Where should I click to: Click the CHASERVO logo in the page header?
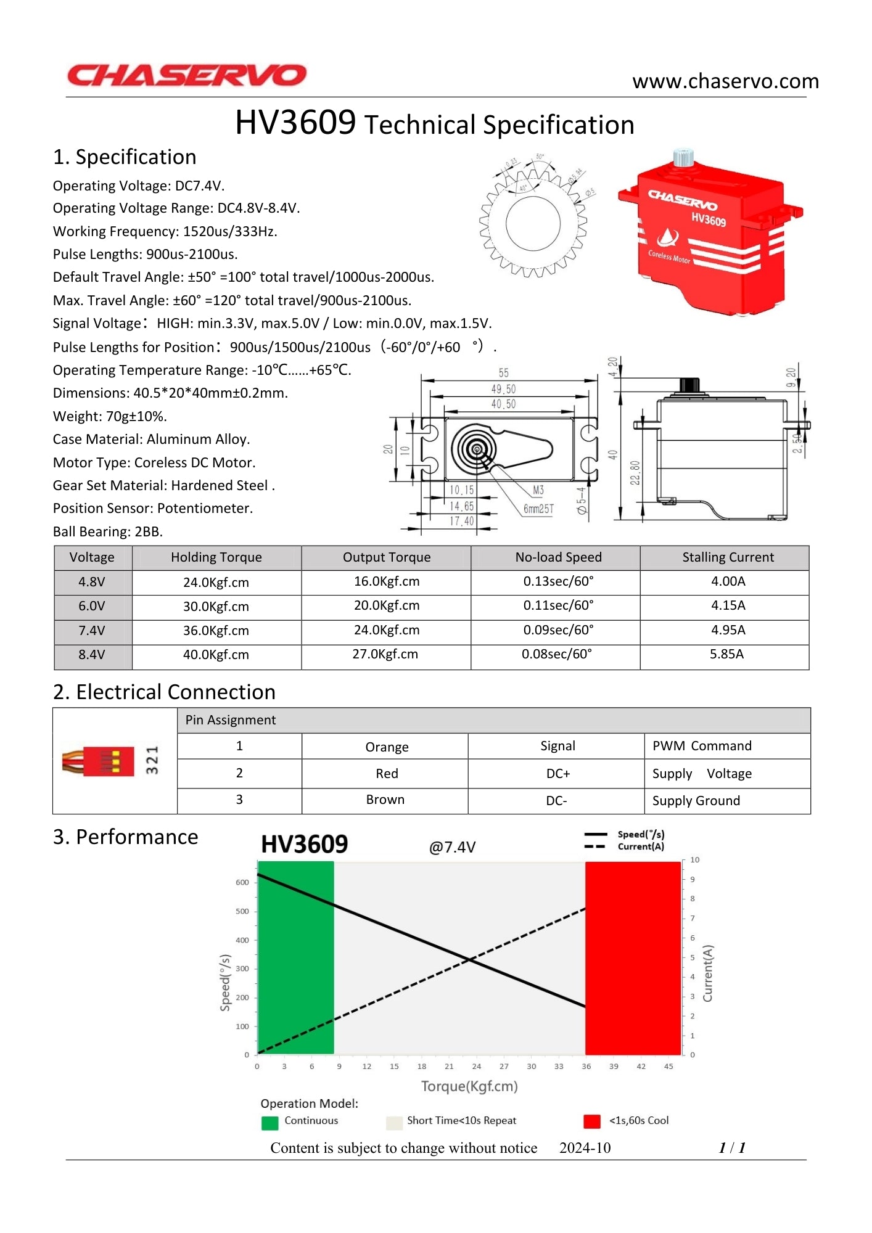coord(186,75)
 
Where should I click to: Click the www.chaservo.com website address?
coord(725,81)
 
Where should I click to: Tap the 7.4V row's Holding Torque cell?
coord(216,631)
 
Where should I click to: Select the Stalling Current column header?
coord(727,557)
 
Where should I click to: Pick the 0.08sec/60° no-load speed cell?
coord(556,654)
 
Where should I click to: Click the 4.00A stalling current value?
coord(728,581)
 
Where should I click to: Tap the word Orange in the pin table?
coord(387,747)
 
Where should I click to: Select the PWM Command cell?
coord(702,746)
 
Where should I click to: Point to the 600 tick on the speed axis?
coord(242,882)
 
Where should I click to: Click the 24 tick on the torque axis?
coord(477,1067)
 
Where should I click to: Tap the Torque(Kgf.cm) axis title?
coord(469,1086)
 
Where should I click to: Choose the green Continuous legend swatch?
coord(269,1123)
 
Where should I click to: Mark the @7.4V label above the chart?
coord(452,847)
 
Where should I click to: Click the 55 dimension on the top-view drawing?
coord(504,373)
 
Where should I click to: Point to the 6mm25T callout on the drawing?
coord(538,509)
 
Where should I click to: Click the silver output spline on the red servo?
coord(683,157)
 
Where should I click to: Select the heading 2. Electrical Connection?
coord(164,692)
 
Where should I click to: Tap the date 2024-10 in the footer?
coord(585,1148)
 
